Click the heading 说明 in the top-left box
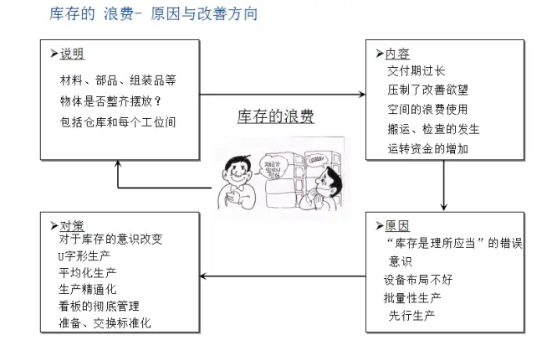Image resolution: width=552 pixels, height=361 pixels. (x=71, y=54)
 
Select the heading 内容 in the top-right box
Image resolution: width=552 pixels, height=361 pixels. (x=397, y=54)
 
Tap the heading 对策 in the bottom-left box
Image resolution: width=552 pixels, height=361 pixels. (x=71, y=226)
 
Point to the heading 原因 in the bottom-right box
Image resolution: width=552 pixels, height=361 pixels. (x=397, y=226)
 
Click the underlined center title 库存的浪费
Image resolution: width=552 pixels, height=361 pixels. (x=275, y=116)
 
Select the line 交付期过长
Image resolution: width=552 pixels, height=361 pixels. (x=417, y=71)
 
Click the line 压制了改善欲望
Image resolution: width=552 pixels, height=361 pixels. (x=427, y=90)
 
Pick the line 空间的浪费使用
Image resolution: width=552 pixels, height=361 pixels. (x=427, y=110)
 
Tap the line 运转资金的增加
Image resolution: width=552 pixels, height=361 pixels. (x=427, y=148)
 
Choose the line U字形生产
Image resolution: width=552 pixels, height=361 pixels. (x=84, y=255)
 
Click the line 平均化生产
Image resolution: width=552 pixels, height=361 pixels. (x=89, y=272)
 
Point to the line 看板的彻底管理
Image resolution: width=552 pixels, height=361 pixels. (x=100, y=306)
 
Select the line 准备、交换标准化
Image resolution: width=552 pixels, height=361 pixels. (x=105, y=322)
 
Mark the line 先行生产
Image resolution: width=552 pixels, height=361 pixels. (x=412, y=316)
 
